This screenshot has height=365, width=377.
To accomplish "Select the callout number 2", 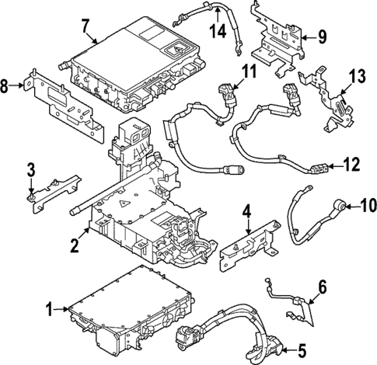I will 74,246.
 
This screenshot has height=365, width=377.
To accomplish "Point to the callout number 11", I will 247,72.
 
